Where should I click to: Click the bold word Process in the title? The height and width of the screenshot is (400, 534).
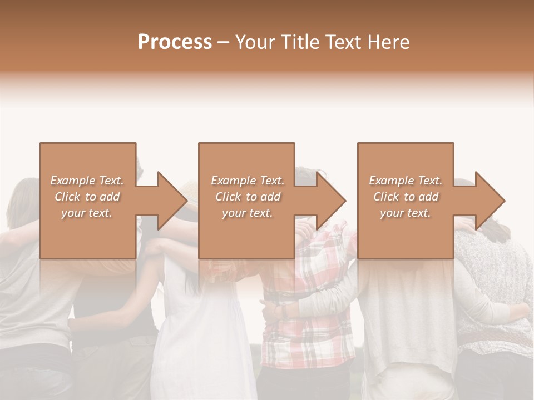click(x=175, y=42)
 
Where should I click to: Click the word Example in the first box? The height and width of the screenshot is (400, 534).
click(x=73, y=181)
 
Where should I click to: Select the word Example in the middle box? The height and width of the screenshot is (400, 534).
click(x=233, y=181)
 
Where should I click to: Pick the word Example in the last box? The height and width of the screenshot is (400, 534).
click(x=391, y=181)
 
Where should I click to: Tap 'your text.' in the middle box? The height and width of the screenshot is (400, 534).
click(x=247, y=213)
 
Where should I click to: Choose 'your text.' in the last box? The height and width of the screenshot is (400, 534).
click(x=405, y=213)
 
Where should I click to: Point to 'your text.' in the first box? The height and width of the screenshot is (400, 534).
click(x=86, y=213)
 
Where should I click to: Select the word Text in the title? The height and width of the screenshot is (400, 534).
click(x=342, y=42)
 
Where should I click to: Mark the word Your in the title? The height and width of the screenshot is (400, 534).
click(x=254, y=42)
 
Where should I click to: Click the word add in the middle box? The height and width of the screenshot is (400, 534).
click(x=270, y=197)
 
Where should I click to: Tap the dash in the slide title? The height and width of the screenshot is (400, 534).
click(x=224, y=42)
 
